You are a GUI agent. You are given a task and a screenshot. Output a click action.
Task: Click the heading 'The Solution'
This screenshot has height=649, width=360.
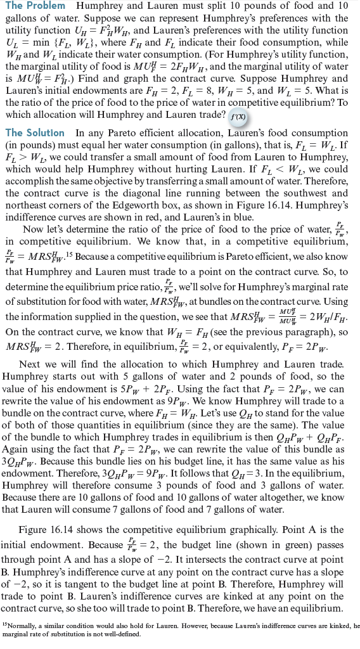point(35,133)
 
